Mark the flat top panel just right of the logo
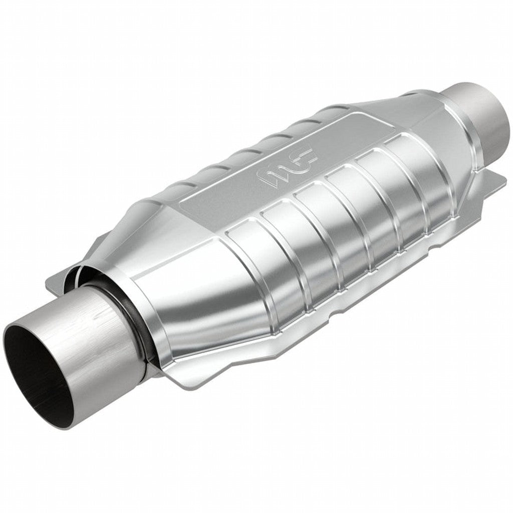(341, 150)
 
